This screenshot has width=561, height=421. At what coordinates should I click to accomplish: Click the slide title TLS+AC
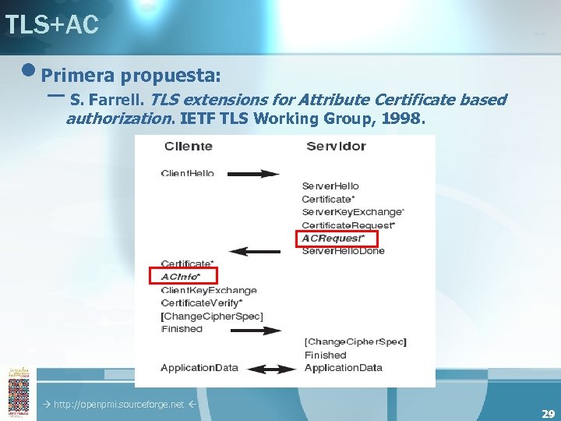pos(51,25)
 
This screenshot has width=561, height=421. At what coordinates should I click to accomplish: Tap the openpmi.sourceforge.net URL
pos(118,405)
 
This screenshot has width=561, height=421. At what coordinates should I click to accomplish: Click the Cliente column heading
pos(189,147)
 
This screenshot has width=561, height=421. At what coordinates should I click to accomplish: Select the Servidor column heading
pos(336,147)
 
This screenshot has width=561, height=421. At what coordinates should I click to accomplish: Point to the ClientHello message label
pos(187,173)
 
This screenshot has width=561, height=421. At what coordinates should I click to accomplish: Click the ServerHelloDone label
pos(343,251)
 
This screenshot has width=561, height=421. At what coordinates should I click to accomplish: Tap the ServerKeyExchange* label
pos(352,212)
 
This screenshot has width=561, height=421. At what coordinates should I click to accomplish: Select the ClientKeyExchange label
pos(209,290)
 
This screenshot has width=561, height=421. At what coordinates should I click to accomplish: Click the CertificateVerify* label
pos(202,302)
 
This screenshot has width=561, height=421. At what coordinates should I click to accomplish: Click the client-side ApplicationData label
pos(199,368)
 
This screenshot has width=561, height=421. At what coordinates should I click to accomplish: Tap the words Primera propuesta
pos(131,76)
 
